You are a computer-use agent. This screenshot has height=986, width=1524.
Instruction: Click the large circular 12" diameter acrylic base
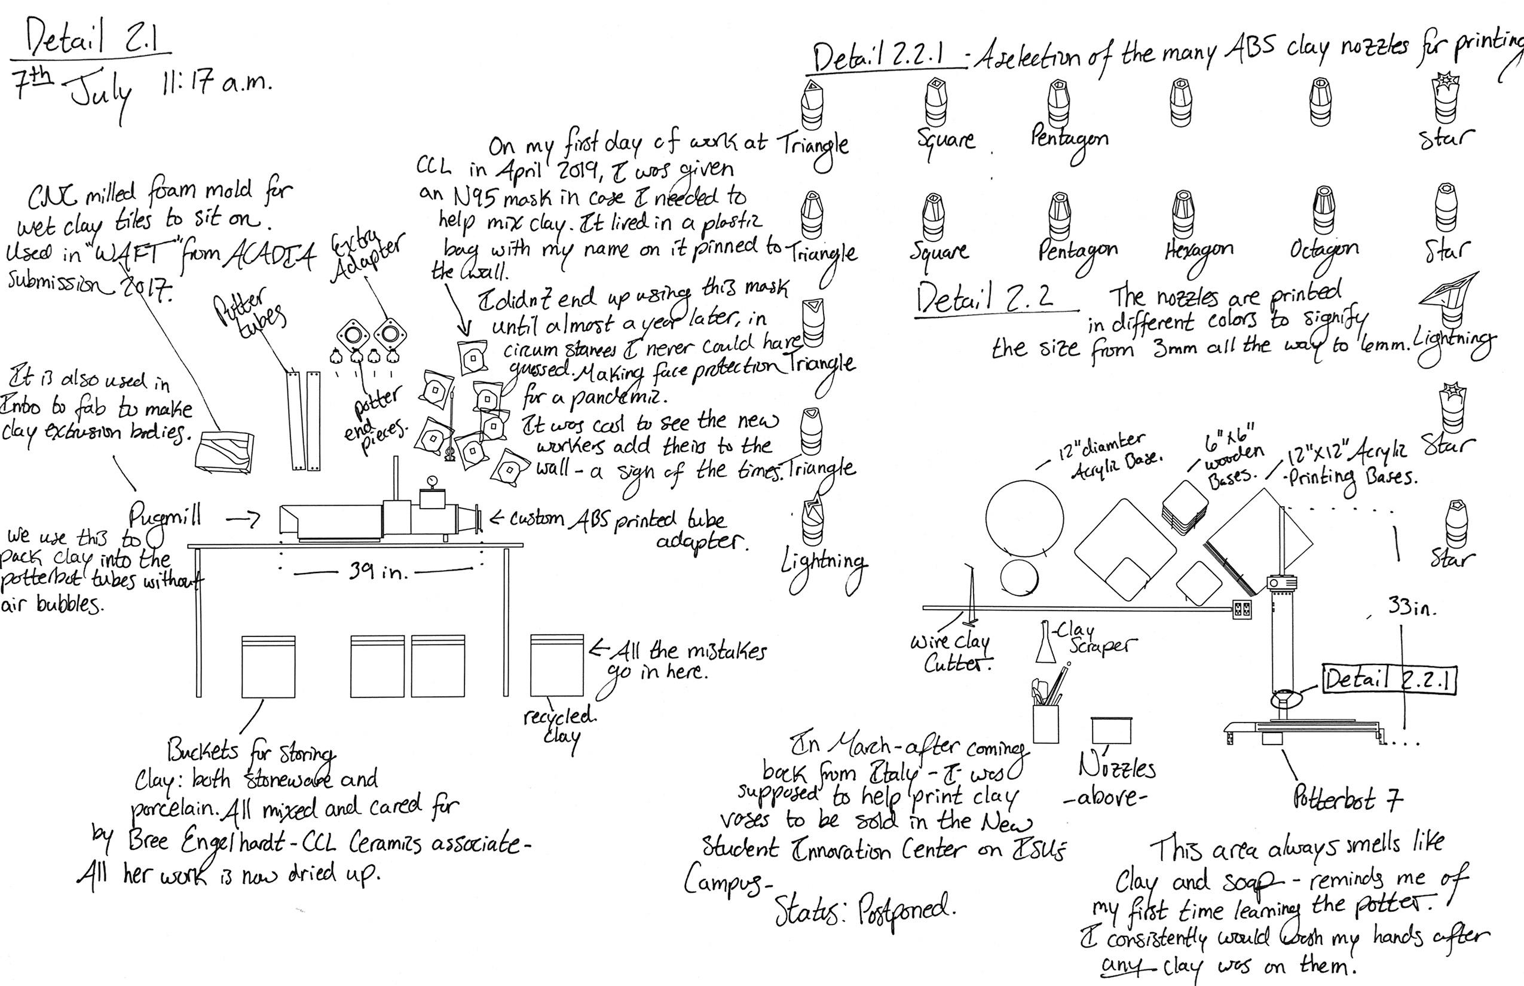point(1024,518)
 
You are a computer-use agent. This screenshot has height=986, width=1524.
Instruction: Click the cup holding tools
point(1046,722)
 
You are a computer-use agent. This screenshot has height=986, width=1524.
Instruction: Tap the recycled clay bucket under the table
point(556,666)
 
